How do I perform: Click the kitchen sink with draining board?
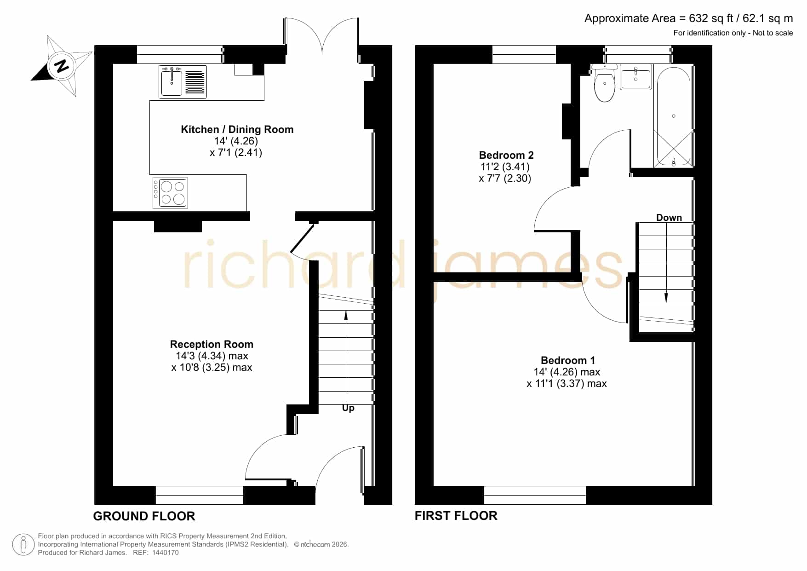(183, 82)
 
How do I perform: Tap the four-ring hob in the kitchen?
(170, 193)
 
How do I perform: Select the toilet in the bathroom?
(604, 83)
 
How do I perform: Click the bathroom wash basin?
(636, 77)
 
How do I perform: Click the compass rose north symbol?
(62, 66)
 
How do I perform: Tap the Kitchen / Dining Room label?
(237, 129)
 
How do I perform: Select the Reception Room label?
(212, 344)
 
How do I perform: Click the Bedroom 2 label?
(506, 155)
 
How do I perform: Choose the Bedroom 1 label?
(567, 360)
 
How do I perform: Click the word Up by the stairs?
(348, 408)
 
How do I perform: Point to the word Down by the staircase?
(669, 217)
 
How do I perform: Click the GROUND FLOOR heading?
(144, 516)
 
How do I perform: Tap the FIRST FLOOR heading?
(456, 516)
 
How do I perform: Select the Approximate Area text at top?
(689, 18)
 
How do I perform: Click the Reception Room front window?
(200, 495)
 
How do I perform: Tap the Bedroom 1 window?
(535, 495)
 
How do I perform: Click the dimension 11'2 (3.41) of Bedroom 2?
(505, 167)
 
